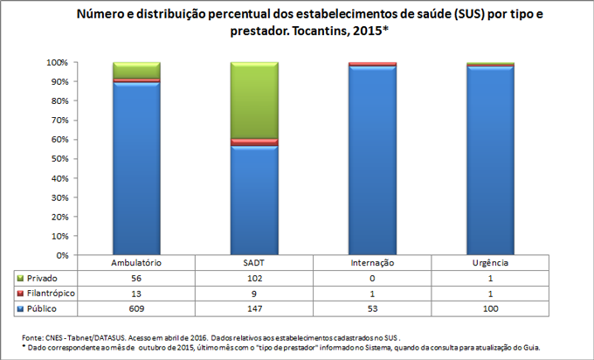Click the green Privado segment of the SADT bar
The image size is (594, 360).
[x=254, y=100]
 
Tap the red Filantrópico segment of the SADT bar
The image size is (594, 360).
[x=254, y=142]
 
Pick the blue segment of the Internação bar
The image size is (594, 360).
[x=372, y=162]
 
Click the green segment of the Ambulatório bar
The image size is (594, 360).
[x=136, y=70]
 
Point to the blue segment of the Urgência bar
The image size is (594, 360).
[x=490, y=162]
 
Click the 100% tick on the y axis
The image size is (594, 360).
[x=57, y=63]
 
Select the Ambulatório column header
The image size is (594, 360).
[x=136, y=263]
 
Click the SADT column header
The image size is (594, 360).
[x=254, y=263]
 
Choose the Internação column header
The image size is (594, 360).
[x=372, y=263]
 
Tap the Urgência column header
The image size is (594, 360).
[x=490, y=263]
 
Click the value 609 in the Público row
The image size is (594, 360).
[x=136, y=309]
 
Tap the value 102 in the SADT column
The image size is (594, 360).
[x=254, y=278]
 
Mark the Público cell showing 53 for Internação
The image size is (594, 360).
[x=372, y=309]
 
